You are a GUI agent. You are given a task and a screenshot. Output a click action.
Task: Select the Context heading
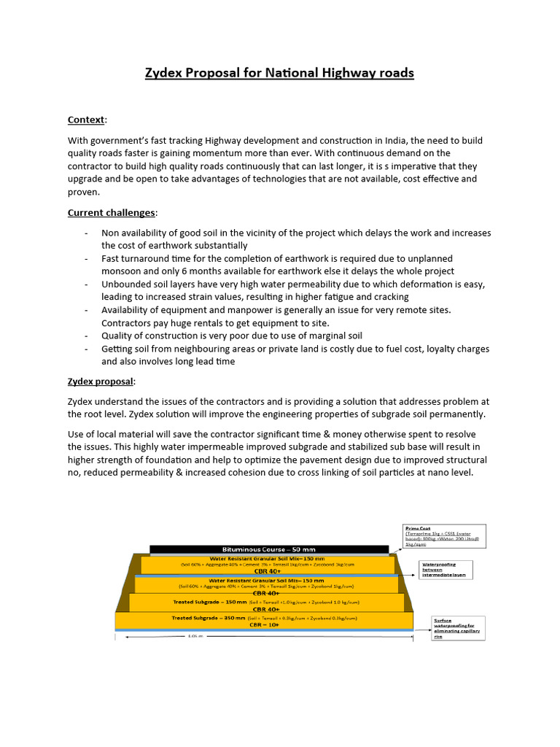click(87, 120)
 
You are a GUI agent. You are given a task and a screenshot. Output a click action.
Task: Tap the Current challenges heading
click(111, 212)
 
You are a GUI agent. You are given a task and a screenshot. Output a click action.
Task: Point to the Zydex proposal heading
click(101, 382)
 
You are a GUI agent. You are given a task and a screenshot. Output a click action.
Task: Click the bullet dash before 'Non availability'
click(87, 233)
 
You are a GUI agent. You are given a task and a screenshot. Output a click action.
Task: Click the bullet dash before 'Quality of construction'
click(87, 336)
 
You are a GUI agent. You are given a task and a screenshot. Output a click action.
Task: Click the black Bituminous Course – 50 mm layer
click(268, 549)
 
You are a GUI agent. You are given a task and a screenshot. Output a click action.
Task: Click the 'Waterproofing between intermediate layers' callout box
click(448, 570)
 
